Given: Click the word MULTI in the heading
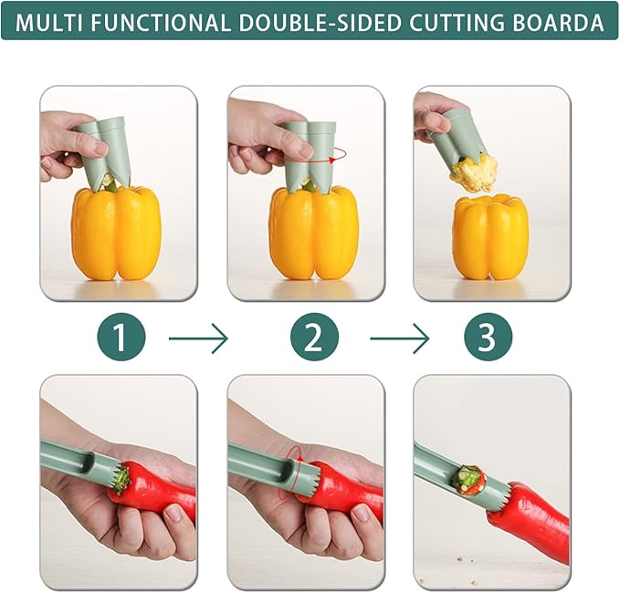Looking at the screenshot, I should [x=47, y=23].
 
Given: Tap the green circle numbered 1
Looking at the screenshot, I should [x=121, y=339].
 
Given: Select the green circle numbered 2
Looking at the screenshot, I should [x=313, y=339].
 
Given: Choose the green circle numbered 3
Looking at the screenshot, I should [x=486, y=339].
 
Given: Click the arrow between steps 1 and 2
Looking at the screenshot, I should [x=199, y=340].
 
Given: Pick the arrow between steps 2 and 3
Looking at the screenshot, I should [x=399, y=340].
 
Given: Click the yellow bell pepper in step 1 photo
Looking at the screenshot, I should [x=116, y=232].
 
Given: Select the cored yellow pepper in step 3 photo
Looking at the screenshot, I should [x=490, y=237].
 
